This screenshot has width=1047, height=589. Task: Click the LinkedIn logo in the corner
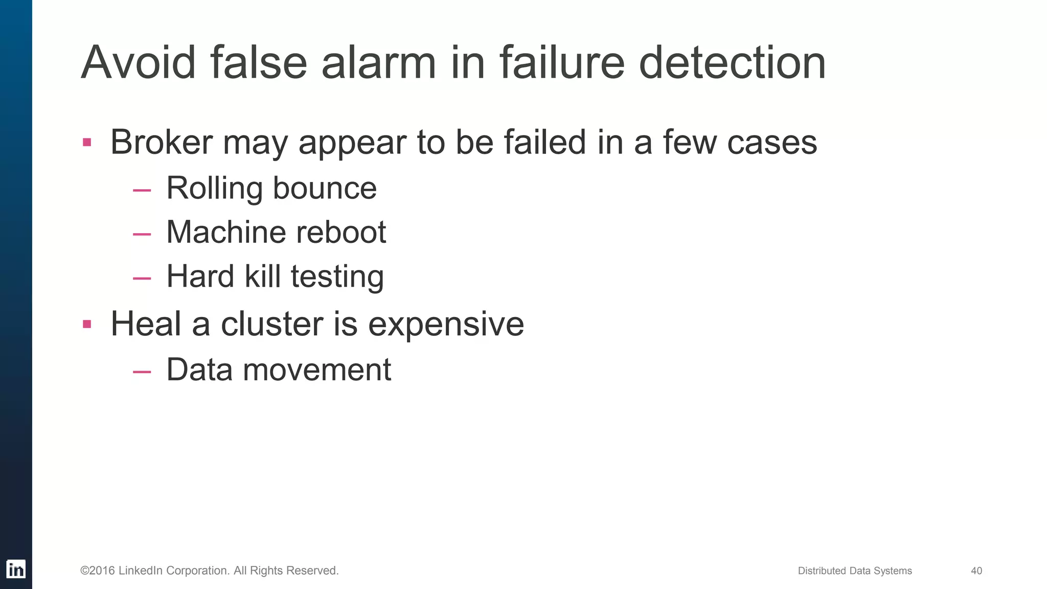coord(16,569)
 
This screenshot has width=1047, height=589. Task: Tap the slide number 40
coord(976,571)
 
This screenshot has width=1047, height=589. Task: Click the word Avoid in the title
coord(138,63)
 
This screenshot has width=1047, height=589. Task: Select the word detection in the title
coord(732,63)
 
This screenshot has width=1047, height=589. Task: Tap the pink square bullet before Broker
coord(87,142)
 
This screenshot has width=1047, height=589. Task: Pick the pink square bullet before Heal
coord(87,324)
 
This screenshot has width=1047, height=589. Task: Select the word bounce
coord(325,188)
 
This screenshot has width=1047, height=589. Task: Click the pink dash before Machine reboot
coord(142,234)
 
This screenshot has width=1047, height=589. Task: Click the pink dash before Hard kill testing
coord(142,279)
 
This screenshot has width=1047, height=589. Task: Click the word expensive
coord(446,325)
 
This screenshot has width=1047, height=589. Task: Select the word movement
coord(317,369)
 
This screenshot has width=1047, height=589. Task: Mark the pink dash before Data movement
coord(142,372)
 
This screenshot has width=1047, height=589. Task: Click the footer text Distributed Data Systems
coord(855,571)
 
